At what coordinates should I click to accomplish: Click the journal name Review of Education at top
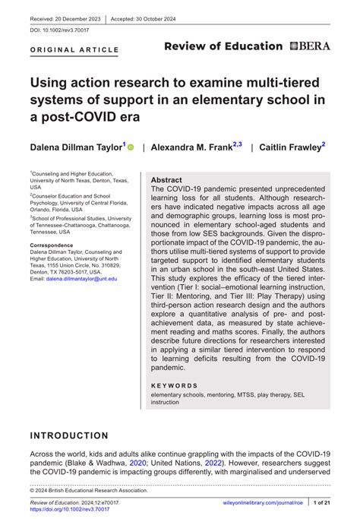[223, 46]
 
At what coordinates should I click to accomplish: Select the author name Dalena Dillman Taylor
[75, 147]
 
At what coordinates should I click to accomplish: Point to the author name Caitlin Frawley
[292, 147]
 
